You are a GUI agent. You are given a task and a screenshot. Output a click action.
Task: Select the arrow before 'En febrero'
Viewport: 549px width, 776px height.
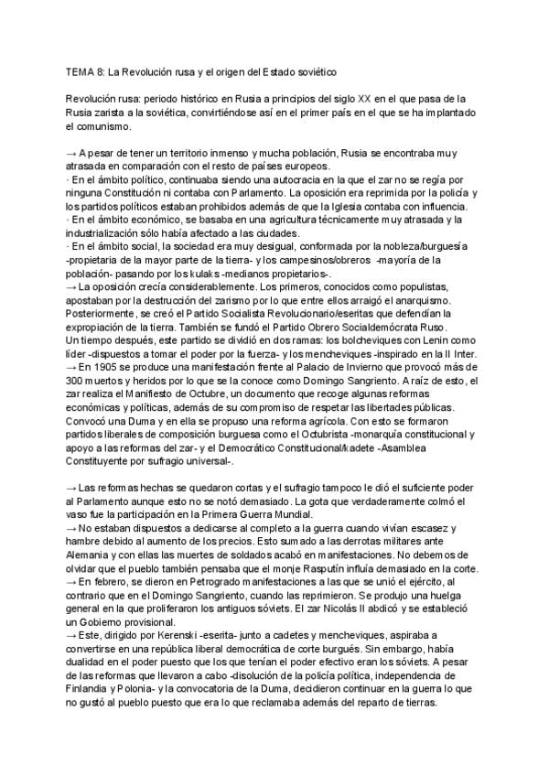(x=73, y=583)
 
